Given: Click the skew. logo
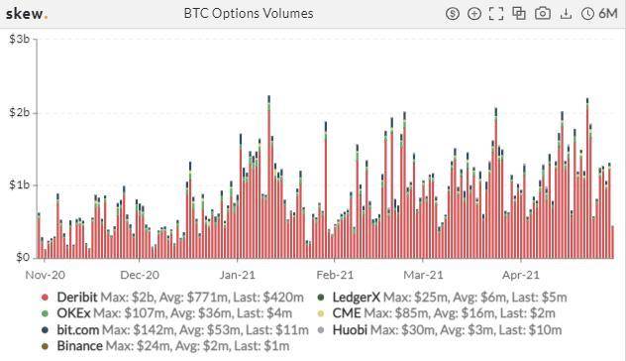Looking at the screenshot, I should pos(27,14).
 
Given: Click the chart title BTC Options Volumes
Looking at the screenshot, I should pos(249,14).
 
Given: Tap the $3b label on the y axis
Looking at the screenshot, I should pos(18,39).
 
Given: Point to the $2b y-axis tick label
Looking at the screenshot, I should pos(18,112).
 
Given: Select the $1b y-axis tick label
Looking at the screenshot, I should pos(18,185).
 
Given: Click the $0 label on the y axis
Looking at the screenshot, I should pos(22,258).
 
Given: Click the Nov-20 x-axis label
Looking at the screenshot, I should pos(45,275).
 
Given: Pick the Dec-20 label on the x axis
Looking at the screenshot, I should pos(140,275).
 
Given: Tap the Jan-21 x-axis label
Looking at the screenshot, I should pos(238,275).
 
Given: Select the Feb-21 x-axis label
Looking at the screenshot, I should pos(336,275).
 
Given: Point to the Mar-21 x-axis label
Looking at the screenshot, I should pos(423,275).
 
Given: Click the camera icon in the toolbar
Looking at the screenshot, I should pos(543,14).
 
